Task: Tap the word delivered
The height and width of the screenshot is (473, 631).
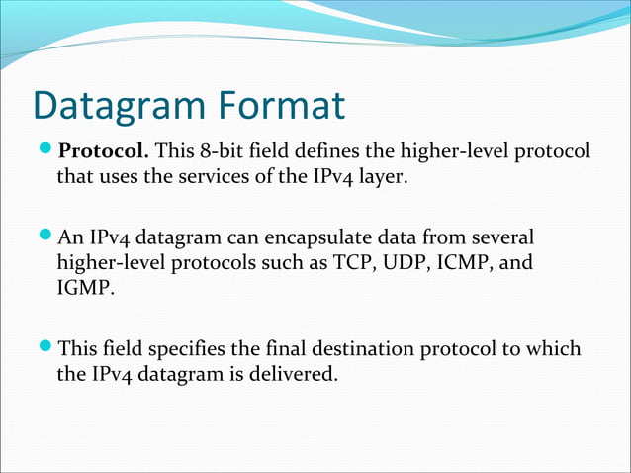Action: coord(299,375)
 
